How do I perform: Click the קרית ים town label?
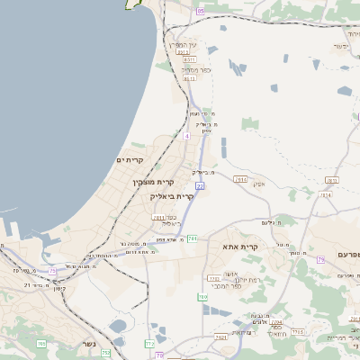(130, 160)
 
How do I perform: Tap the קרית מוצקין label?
(151, 182)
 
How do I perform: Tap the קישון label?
(59, 288)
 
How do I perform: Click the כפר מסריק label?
(194, 68)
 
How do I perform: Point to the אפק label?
(258, 184)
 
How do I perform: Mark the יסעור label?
(340, 46)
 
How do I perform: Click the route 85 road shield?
(200, 11)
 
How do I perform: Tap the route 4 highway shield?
(187, 136)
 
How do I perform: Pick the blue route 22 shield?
(200, 184)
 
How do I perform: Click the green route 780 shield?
(203, 297)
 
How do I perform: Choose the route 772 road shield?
(149, 344)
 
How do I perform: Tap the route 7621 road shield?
(220, 337)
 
